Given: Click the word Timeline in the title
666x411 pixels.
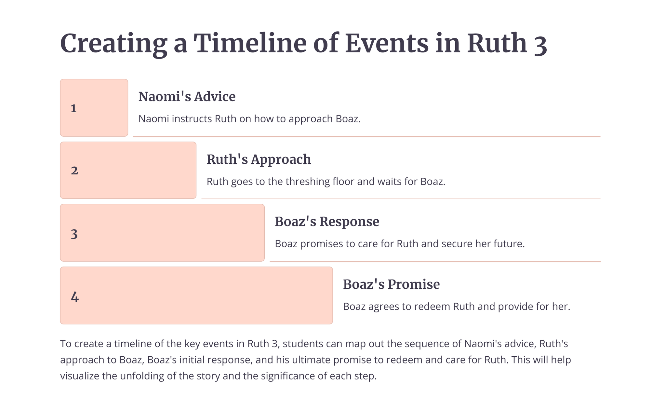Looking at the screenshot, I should pos(250,43).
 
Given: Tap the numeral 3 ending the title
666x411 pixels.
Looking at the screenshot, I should pos(540,44).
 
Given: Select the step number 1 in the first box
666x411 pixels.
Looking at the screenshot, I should pos(73,109).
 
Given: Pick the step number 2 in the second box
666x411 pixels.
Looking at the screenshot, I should pos(74,171).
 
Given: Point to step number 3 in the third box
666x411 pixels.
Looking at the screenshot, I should pos(74,234).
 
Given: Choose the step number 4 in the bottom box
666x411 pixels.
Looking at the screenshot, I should pos(75,297).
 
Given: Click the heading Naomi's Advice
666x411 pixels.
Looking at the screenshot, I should pos(187,97).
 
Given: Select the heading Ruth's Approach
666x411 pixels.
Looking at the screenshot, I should pos(259,159).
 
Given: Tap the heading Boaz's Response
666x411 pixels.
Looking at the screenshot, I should pos(327,222).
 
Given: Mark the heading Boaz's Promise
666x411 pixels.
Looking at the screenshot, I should pos(391,284).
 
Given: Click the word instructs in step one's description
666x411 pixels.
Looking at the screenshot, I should pos(192,119).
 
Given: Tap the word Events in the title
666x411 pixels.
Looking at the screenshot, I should pos(387,43).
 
